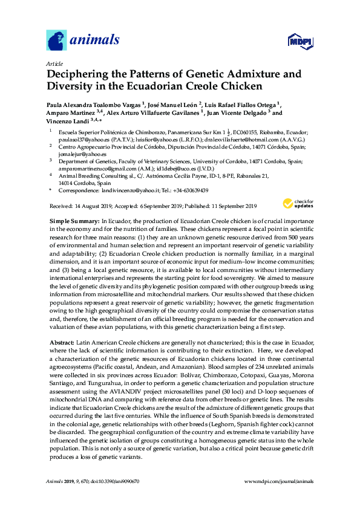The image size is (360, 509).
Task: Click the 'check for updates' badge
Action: click(x=296, y=204)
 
